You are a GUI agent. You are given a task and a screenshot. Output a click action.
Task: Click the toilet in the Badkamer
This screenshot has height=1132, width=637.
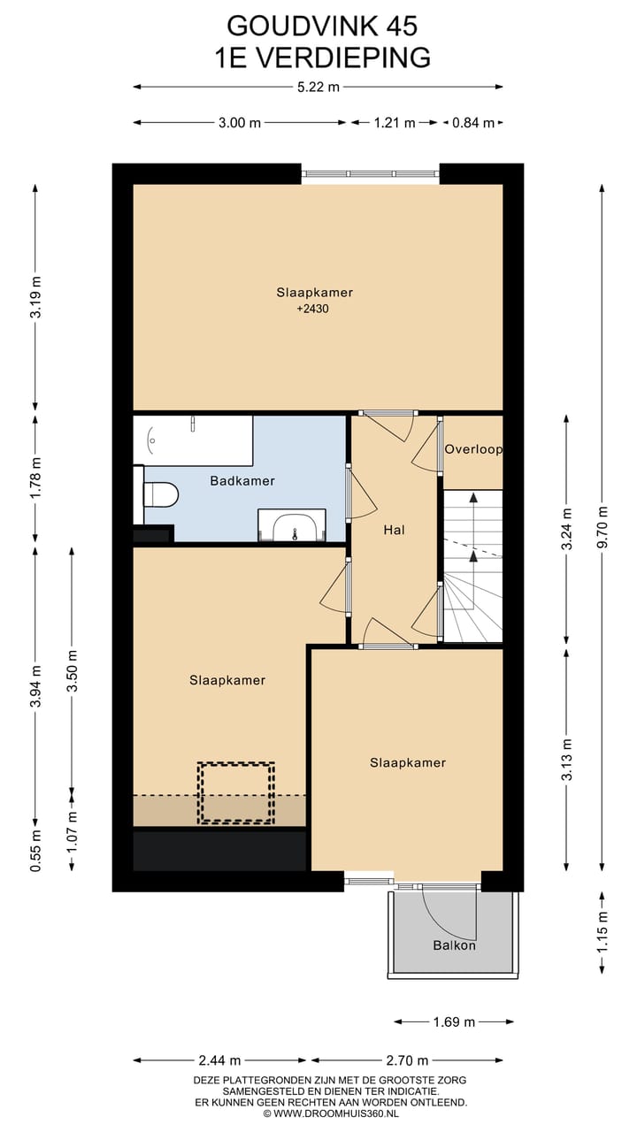click(x=161, y=494)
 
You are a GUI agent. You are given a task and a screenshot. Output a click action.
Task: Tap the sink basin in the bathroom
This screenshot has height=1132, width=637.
click(x=292, y=526)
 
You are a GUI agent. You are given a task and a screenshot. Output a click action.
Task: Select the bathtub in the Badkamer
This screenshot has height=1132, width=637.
click(x=193, y=440)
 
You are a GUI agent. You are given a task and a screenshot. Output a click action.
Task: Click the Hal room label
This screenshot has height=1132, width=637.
click(x=395, y=530)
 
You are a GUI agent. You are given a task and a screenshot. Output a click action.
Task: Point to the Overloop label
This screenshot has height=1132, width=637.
click(x=473, y=449)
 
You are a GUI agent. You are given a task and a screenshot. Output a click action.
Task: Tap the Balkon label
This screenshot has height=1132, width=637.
click(x=455, y=945)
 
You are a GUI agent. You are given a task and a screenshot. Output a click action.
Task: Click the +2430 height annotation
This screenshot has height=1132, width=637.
click(x=313, y=309)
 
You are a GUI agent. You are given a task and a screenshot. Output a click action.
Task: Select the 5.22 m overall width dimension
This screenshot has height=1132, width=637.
click(x=318, y=87)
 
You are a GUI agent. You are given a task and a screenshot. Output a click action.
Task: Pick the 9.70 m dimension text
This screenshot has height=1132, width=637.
click(x=602, y=526)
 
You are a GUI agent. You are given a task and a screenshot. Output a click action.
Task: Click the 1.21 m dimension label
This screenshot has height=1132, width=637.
click(x=395, y=123)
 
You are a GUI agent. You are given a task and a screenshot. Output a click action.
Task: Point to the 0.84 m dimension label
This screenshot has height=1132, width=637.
click(x=473, y=123)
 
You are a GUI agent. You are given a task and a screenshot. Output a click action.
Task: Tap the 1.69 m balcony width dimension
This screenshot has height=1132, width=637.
click(x=454, y=1022)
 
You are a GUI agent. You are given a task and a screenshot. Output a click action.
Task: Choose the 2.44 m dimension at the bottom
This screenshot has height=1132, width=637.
click(x=219, y=1059)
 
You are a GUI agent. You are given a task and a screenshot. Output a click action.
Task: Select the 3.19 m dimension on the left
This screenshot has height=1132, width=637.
click(x=36, y=297)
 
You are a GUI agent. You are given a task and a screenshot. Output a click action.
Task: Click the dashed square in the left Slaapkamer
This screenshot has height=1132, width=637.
click(x=236, y=793)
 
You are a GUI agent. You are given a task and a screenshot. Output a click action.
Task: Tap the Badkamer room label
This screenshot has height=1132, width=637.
click(x=242, y=481)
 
